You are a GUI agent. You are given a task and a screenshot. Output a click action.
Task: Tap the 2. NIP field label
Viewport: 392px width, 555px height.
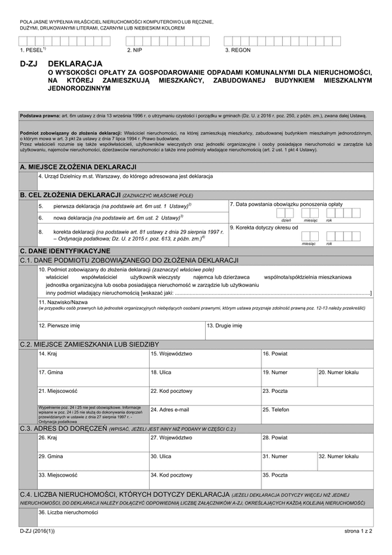(x=135, y=50)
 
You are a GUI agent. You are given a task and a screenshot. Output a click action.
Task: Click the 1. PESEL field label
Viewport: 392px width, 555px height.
(x=33, y=50)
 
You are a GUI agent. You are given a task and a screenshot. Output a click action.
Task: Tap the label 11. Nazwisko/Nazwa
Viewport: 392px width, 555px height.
(x=63, y=303)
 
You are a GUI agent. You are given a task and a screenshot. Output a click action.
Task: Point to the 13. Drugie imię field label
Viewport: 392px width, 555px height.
(x=225, y=325)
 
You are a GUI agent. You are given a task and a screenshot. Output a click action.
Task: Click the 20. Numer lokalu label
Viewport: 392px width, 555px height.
(x=339, y=372)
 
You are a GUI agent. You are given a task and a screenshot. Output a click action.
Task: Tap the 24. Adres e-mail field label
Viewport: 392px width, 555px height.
(x=170, y=409)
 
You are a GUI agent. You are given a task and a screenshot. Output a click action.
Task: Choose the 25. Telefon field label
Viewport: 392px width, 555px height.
(x=276, y=409)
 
